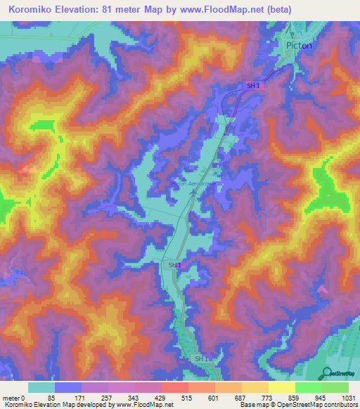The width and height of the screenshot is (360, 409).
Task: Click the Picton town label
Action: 299,44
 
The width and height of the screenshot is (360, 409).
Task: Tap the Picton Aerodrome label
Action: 191,183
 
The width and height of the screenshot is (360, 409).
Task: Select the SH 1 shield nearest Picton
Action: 253,85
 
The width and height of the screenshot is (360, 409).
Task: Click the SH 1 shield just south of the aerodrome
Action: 174,264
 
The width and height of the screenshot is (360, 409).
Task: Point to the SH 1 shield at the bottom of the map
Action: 202,359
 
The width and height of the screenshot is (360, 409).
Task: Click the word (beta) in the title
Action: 274,9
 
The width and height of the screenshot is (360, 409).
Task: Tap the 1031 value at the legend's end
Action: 348,398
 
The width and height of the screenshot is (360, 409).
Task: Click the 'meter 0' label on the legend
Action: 14,398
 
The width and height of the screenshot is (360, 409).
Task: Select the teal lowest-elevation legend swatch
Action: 41,387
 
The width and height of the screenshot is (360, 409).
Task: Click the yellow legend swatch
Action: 281,387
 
